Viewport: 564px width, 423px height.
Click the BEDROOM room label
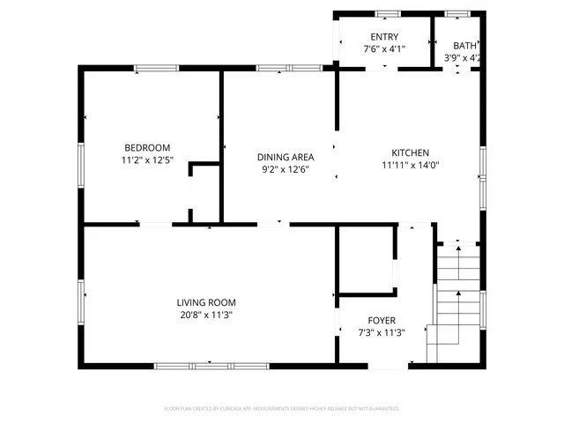point(147,147)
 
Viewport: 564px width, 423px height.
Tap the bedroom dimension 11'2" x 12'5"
point(147,160)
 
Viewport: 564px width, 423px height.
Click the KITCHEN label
point(410,152)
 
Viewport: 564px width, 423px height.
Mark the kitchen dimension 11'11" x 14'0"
point(410,165)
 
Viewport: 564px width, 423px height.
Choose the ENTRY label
point(384,36)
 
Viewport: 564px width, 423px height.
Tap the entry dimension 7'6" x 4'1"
point(384,48)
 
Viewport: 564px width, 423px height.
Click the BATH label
point(464,46)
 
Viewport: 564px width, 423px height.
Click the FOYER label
point(382,320)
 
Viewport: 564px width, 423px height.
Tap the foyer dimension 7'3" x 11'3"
point(382,332)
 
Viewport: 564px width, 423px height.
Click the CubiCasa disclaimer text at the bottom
point(282,409)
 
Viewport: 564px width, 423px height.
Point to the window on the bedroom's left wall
point(81,164)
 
